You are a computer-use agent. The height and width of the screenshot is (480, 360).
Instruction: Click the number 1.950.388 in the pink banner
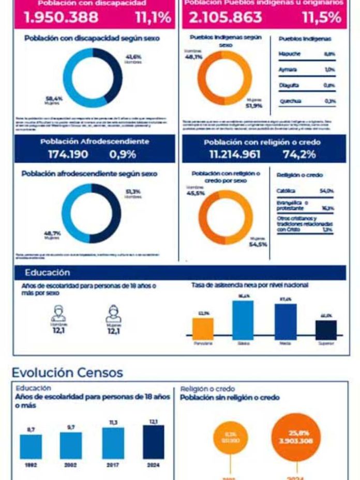click(x=61, y=18)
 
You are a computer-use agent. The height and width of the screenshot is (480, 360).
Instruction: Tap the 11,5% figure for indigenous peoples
click(x=322, y=18)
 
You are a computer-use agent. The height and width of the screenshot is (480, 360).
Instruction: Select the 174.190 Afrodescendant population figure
click(x=68, y=154)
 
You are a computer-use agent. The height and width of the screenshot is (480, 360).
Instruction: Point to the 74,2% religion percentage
click(x=299, y=154)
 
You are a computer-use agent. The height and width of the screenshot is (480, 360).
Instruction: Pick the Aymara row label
click(x=288, y=69)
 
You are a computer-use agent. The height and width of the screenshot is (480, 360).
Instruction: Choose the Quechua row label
click(x=290, y=101)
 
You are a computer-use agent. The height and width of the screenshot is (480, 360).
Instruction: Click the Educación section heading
click(x=47, y=273)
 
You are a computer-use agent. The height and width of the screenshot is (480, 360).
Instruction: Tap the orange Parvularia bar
click(x=203, y=328)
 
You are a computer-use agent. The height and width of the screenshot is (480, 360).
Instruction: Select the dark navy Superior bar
click(x=326, y=329)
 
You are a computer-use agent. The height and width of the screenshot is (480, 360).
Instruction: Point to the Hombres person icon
click(x=59, y=313)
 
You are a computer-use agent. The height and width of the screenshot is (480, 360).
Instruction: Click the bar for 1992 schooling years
click(x=31, y=446)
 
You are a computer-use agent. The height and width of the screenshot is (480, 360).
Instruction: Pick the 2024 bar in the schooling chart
click(x=153, y=442)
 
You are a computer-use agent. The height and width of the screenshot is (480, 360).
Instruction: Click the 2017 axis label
click(x=113, y=464)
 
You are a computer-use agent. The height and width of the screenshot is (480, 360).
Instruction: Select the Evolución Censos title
click(x=67, y=372)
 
